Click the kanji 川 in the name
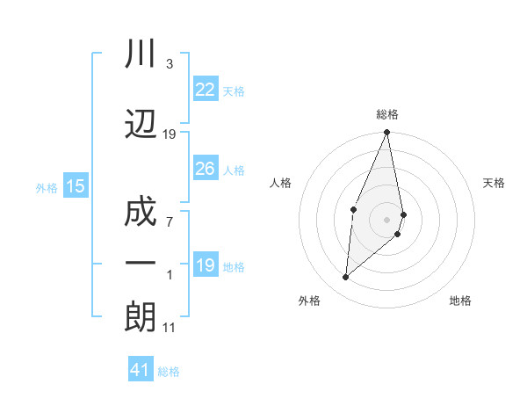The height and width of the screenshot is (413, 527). [x=141, y=55]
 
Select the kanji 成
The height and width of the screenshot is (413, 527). [x=141, y=211]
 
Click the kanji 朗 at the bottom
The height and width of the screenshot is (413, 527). [x=141, y=316]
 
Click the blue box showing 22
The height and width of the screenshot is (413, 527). [x=206, y=89]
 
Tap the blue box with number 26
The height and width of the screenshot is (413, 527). [x=206, y=169]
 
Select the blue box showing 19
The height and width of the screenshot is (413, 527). [x=206, y=265]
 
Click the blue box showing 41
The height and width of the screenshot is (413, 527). [x=141, y=370]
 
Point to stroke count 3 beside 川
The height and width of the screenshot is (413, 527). [x=169, y=64]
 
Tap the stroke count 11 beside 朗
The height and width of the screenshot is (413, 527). [x=169, y=328]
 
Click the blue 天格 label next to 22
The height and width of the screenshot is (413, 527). [x=234, y=91]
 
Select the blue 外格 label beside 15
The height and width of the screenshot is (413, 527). [x=47, y=187]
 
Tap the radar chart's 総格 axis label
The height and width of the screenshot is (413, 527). [x=386, y=114]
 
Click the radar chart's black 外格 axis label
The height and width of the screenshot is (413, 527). [x=309, y=301]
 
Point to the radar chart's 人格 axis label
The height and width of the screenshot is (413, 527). [x=281, y=183]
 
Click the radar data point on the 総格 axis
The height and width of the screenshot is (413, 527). [x=386, y=133]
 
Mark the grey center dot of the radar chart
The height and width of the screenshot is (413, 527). [x=386, y=219]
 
